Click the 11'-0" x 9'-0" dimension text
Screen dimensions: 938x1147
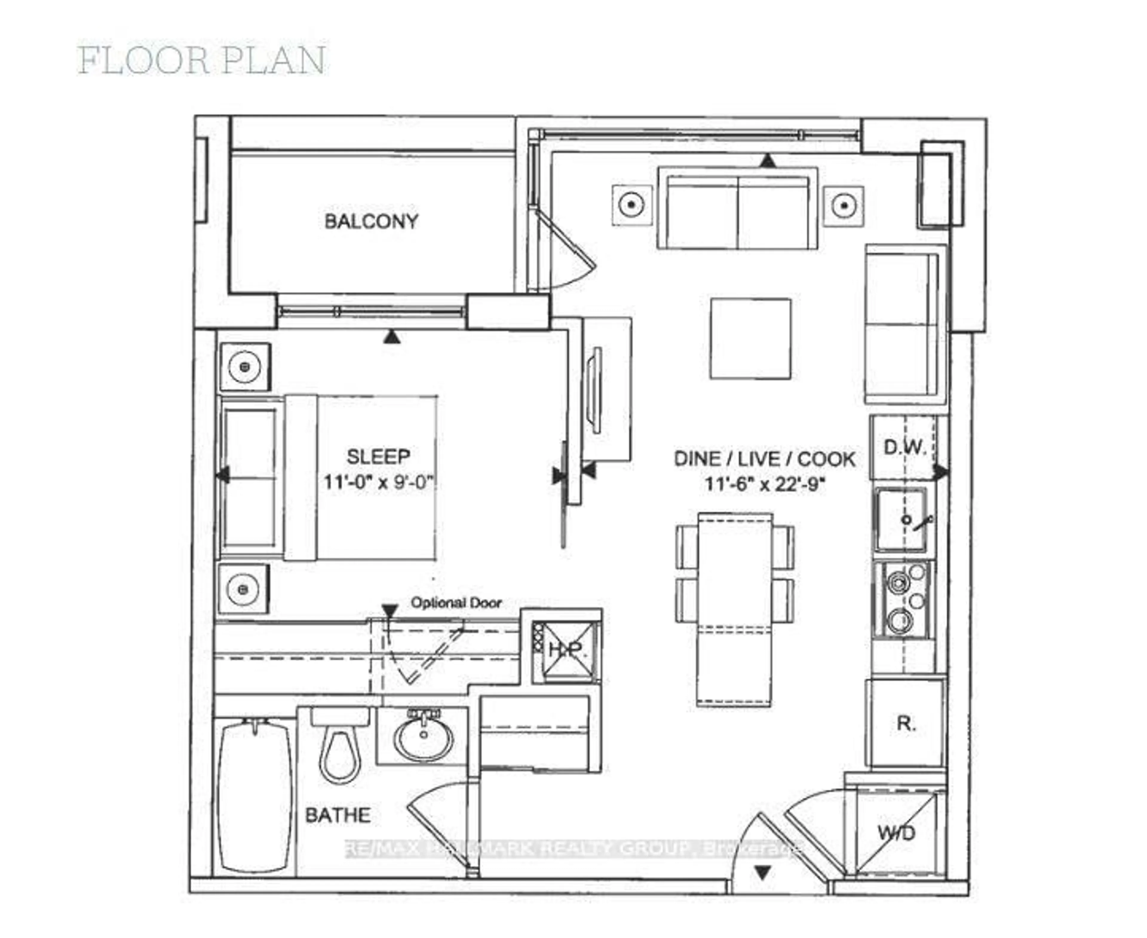point(378,482)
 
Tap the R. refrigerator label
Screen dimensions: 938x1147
point(906,723)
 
